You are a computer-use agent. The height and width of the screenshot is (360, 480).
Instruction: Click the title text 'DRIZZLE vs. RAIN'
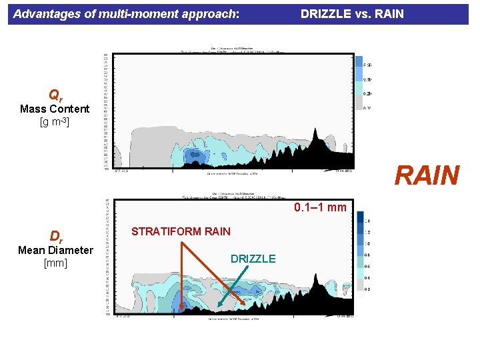(352, 13)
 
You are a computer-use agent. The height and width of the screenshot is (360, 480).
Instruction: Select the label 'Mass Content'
(55, 109)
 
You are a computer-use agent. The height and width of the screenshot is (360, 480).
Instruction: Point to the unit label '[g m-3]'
(55, 122)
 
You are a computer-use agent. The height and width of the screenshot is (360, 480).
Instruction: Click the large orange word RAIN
(427, 176)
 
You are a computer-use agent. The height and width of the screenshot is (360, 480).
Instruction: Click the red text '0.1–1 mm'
(321, 207)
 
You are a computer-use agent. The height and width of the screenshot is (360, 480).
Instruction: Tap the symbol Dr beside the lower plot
(55, 237)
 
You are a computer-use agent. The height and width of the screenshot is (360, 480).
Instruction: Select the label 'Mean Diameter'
(55, 251)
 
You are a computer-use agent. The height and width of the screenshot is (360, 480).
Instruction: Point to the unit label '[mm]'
(55, 263)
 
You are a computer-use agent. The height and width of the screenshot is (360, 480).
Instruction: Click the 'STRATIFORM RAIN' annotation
(181, 232)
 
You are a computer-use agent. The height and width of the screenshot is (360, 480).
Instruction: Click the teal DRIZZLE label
(253, 259)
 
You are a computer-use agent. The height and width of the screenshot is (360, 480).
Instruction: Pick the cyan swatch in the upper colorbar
(359, 91)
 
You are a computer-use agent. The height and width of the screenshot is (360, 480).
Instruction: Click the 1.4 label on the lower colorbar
(368, 221)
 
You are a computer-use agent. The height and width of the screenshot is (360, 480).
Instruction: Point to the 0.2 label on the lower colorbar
(368, 289)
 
